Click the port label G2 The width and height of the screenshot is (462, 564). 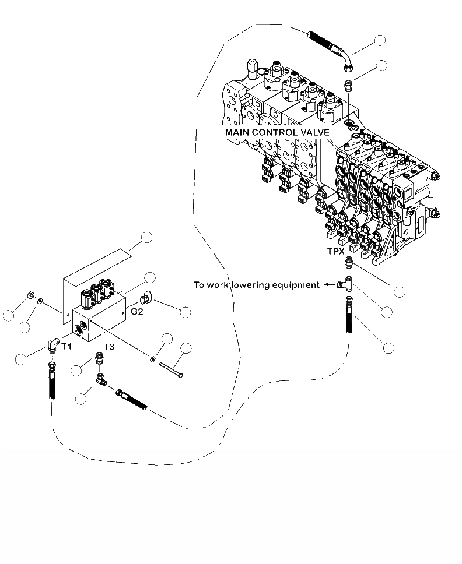pyautogui.click(x=136, y=312)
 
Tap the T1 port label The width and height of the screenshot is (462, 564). pyautogui.click(x=66, y=347)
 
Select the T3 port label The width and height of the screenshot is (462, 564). pyautogui.click(x=109, y=347)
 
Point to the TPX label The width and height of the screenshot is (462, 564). pyautogui.click(x=335, y=252)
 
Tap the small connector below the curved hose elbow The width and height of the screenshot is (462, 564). pyautogui.click(x=347, y=86)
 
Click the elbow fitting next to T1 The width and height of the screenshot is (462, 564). pyautogui.click(x=53, y=345)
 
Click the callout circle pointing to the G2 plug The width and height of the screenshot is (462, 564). pyautogui.click(x=185, y=312)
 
